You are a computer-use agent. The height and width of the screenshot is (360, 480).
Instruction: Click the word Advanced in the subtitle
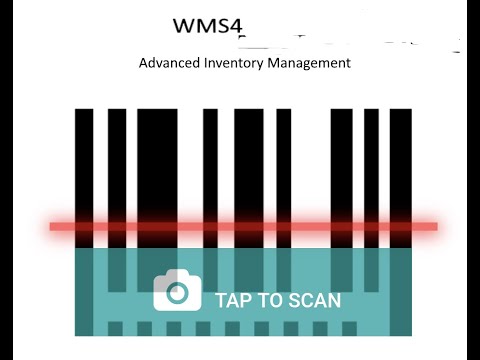point(170,63)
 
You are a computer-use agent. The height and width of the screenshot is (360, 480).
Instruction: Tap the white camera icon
point(177,291)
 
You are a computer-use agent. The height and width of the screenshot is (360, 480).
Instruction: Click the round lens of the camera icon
point(177,294)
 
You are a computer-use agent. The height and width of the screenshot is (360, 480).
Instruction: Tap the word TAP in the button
point(233,300)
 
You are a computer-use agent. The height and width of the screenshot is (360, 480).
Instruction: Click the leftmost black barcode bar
point(84,160)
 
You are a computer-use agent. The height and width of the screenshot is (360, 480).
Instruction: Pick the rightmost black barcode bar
point(400,160)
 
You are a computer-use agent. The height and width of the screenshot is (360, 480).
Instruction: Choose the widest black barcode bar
point(157,160)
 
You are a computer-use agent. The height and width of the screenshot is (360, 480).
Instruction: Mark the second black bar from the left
point(117,160)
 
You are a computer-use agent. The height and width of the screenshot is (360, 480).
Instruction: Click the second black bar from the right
point(371,160)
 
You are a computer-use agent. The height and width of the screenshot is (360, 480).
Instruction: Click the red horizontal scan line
point(243,227)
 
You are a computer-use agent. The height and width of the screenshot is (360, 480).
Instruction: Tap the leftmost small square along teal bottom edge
point(115,328)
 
